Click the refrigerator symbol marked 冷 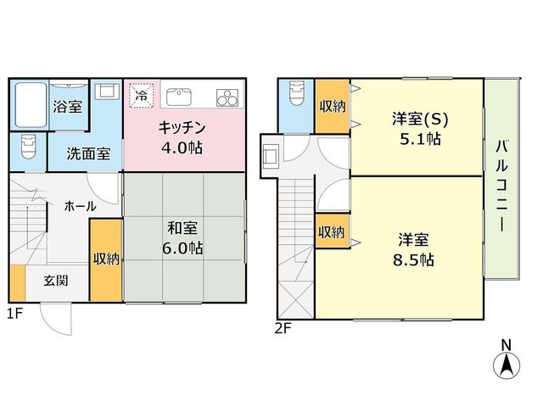142,95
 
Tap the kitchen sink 179,98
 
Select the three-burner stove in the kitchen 227,98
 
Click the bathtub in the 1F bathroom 31,105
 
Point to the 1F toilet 28,147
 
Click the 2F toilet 297,93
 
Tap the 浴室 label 68,107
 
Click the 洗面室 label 88,153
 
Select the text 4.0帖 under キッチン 182,148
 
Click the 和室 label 182,228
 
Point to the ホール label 81,207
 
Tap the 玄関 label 56,281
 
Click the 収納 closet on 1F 106,260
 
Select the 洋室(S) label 420,120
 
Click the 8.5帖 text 413,259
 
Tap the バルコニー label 501,186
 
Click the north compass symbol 507,361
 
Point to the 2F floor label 283,328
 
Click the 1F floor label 15,314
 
